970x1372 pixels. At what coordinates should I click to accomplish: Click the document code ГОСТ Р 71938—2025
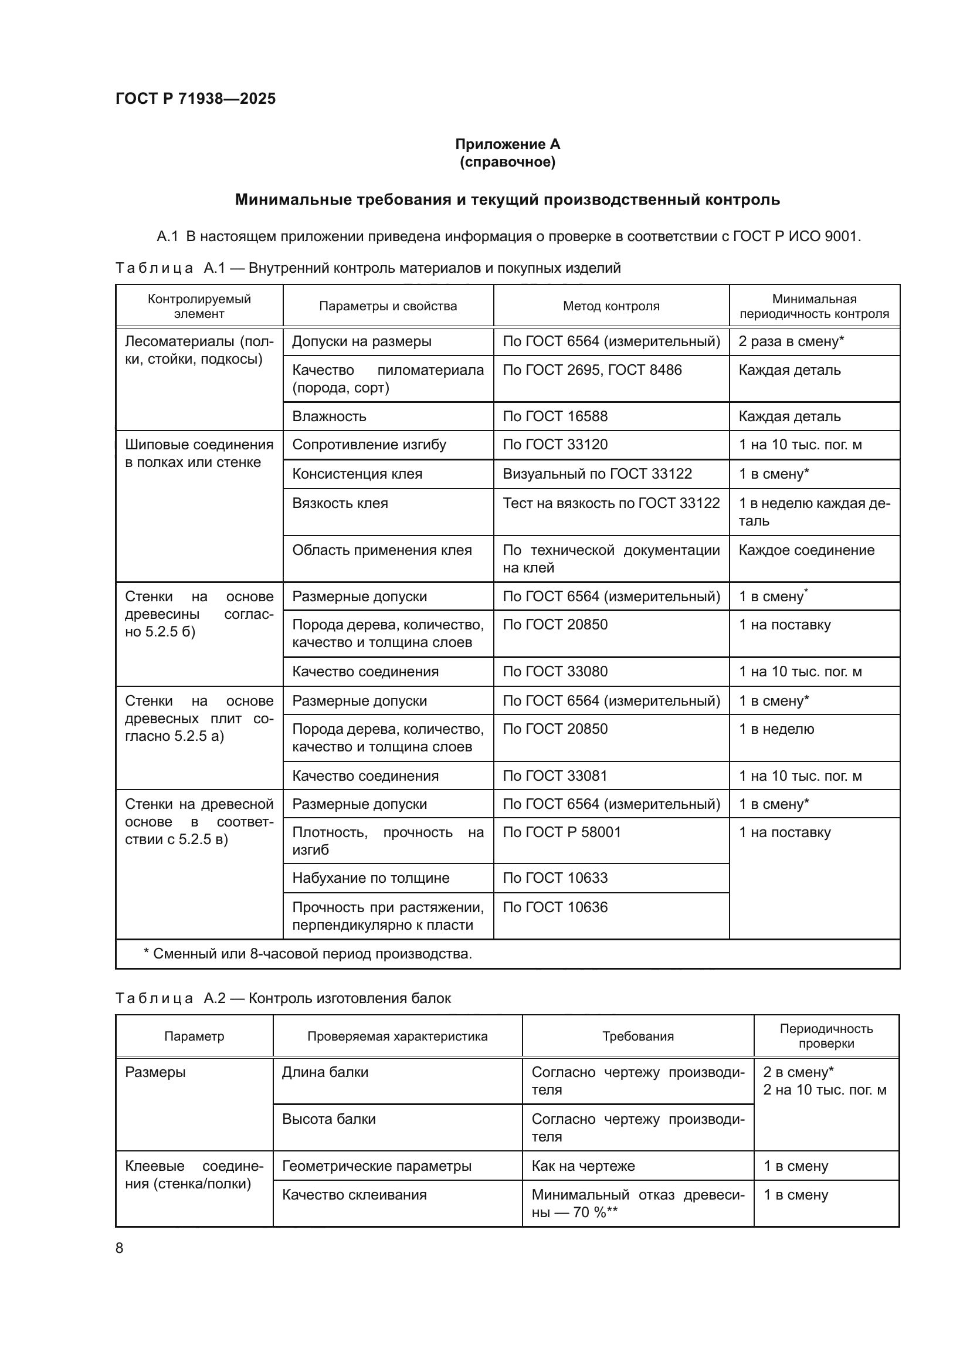(x=195, y=99)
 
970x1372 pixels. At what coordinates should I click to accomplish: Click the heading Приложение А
(x=507, y=144)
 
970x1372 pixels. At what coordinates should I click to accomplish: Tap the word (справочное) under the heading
(x=507, y=162)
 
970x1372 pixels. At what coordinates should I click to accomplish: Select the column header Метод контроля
(x=611, y=306)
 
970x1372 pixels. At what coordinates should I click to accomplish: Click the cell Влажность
(x=329, y=416)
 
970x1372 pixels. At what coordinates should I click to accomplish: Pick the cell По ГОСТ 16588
(x=555, y=416)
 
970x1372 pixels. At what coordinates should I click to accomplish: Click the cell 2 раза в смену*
(x=791, y=342)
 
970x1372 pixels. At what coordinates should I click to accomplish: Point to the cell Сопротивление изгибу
(x=369, y=445)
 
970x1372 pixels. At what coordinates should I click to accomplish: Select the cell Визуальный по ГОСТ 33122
(x=596, y=474)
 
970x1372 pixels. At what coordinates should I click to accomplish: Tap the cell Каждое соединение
(x=806, y=550)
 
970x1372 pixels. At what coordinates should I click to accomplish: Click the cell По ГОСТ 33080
(x=555, y=672)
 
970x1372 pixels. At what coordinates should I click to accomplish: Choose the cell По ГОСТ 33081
(x=555, y=776)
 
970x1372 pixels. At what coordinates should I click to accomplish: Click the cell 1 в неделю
(x=776, y=729)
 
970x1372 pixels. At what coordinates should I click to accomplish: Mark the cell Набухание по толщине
(x=370, y=878)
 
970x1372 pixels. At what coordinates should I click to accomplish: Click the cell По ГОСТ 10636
(x=555, y=907)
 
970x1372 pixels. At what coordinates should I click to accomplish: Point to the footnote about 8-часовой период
(x=308, y=954)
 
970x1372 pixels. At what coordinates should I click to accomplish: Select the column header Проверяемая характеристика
(x=397, y=1036)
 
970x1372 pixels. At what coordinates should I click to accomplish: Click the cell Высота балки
(x=328, y=1119)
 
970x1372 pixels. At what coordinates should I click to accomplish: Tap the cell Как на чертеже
(x=583, y=1166)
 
